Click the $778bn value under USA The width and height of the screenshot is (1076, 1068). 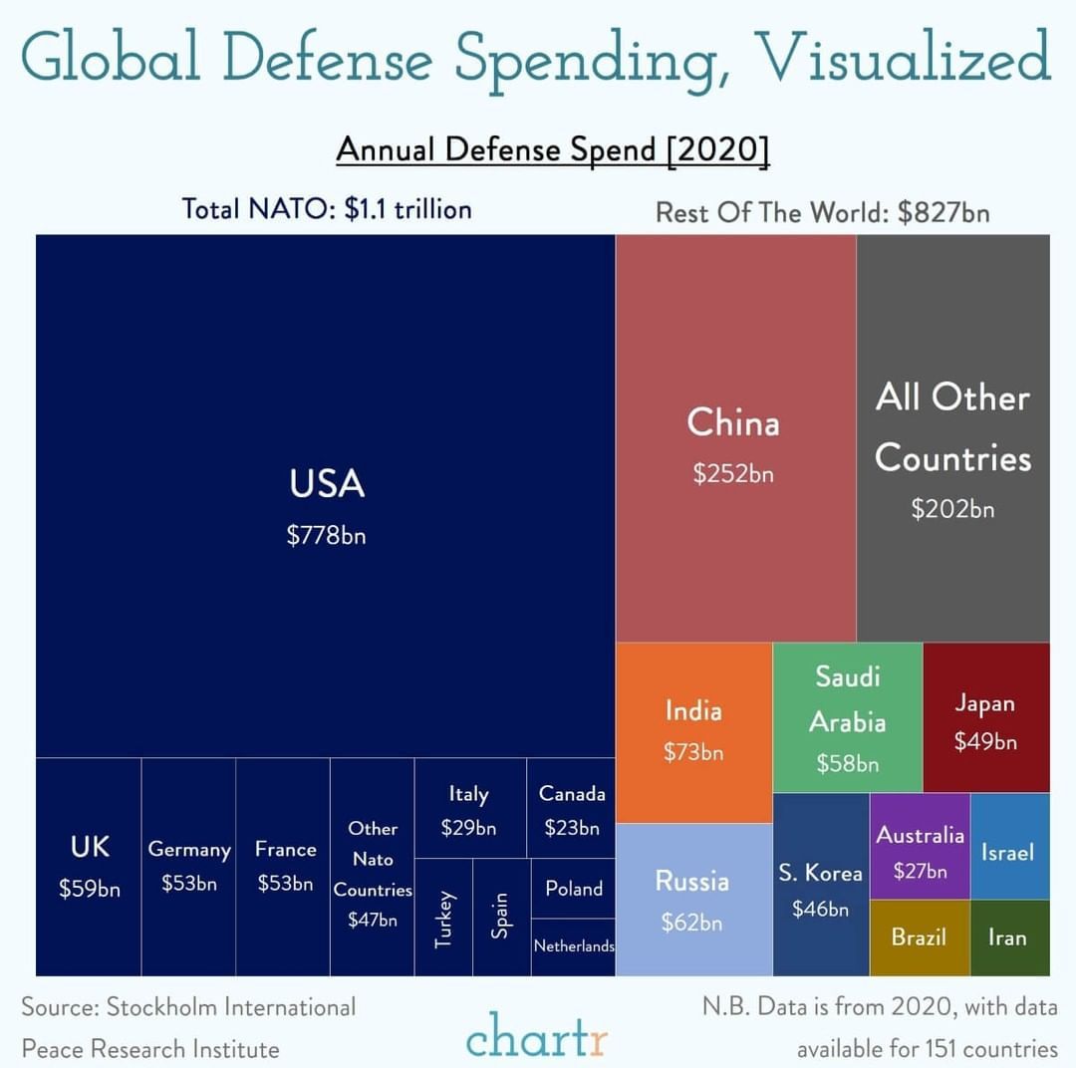(x=326, y=535)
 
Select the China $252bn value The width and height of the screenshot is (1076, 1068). (x=733, y=473)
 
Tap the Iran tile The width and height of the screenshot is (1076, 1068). (x=1007, y=937)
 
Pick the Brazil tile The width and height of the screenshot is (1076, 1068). (x=919, y=937)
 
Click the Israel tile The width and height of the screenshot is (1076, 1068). (x=1007, y=852)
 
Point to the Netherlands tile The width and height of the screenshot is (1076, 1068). (x=574, y=946)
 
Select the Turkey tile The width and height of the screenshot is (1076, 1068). (x=443, y=919)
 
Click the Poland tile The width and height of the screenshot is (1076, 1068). (x=574, y=889)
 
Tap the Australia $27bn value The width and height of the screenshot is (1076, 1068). (x=920, y=871)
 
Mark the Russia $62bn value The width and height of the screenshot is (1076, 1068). (x=691, y=923)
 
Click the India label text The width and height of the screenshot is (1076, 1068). (x=693, y=711)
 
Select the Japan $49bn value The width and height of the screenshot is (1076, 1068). (x=984, y=741)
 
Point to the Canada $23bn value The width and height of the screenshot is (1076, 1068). (x=572, y=828)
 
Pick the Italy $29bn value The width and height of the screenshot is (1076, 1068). (x=468, y=828)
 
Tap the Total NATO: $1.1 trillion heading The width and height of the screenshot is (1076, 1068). (x=327, y=209)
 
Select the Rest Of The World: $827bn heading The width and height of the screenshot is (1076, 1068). (x=822, y=213)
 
